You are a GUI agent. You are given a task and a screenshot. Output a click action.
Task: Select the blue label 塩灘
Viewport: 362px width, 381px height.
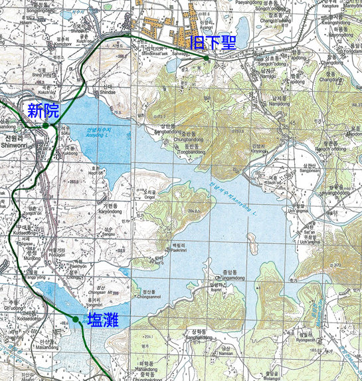tap(103, 320)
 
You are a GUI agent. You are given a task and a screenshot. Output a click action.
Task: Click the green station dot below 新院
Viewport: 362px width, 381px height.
tap(45, 125)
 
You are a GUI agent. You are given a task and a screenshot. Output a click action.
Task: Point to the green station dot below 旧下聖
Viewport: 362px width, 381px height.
tap(207, 59)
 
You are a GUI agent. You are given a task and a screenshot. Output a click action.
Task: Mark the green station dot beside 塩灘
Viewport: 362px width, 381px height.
tap(76, 320)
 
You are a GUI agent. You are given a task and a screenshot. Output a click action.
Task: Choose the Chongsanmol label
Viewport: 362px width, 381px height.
tap(149, 298)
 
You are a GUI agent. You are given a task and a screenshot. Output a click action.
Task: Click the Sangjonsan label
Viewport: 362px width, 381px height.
tap(309, 170)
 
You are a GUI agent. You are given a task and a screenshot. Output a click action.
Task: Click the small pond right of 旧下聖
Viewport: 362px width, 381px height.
tap(241, 30)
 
